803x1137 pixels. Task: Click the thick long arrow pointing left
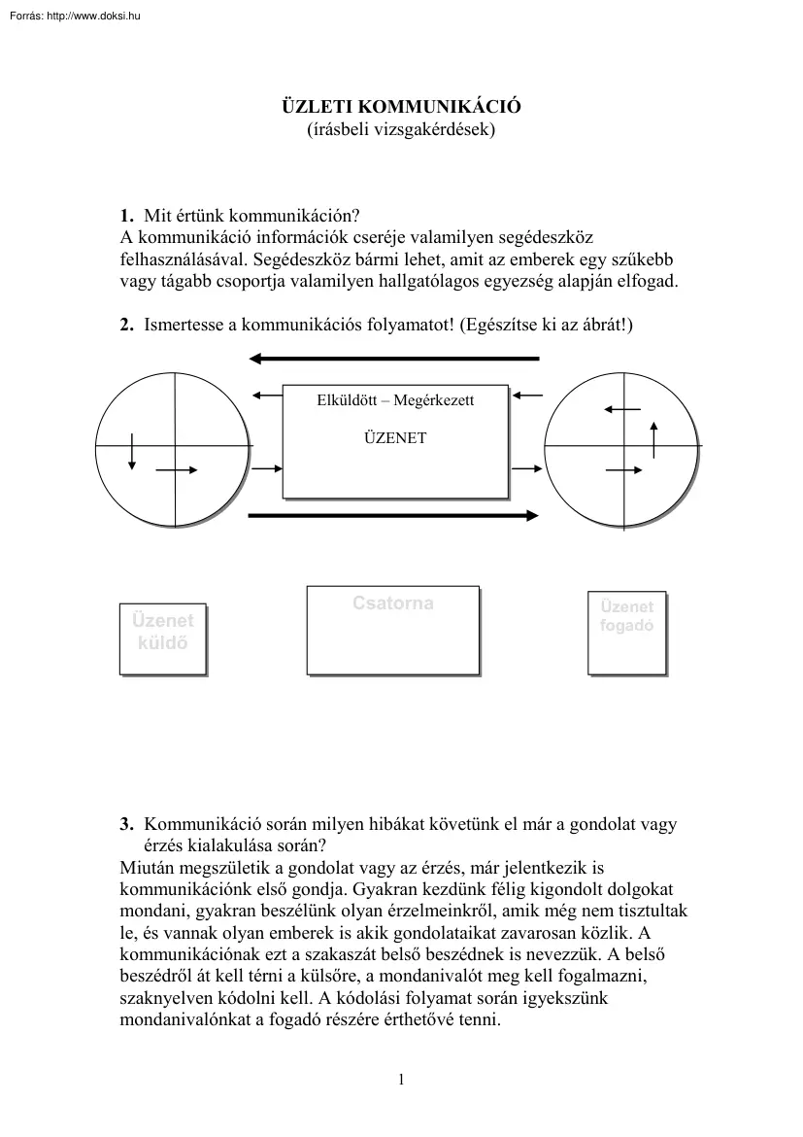(x=394, y=360)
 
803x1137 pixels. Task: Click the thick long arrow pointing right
(x=394, y=516)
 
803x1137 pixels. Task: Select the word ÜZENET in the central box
(x=394, y=438)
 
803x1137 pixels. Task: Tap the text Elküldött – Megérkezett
(x=396, y=400)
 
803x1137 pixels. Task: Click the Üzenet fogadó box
(x=626, y=632)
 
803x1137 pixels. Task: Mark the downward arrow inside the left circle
(x=133, y=451)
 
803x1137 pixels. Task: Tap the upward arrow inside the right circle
(x=653, y=440)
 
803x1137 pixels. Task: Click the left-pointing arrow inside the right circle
(x=621, y=410)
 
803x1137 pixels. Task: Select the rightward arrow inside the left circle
(x=177, y=470)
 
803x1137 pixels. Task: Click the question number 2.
(x=126, y=327)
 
